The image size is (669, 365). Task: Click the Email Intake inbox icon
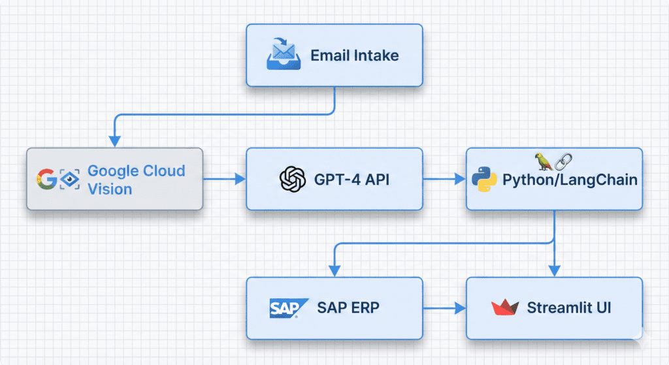[x=284, y=55]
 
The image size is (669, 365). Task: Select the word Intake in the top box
[x=376, y=55]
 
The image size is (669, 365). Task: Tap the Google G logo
[x=46, y=179]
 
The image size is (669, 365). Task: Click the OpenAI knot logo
[x=292, y=179]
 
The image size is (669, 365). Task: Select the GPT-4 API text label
[x=352, y=179]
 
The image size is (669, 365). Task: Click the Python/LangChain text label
[x=570, y=180]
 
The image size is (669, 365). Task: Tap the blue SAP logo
[x=284, y=308]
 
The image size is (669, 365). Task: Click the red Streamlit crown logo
[x=504, y=308]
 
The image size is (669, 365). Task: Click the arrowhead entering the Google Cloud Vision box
[x=115, y=141]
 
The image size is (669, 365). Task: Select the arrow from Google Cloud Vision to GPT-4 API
[x=224, y=178]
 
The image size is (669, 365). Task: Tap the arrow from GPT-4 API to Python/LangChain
[x=444, y=178]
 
